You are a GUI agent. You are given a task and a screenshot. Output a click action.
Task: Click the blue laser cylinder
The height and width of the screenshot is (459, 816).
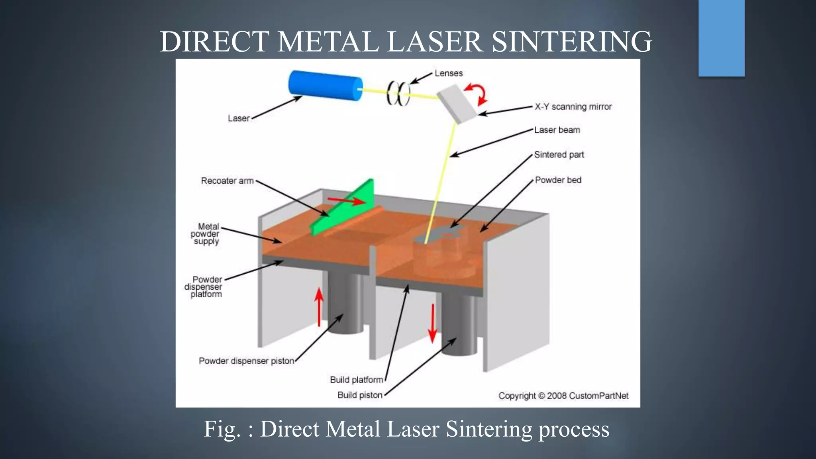[325, 85]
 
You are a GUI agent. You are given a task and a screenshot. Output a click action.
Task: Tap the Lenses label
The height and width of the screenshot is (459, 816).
[449, 73]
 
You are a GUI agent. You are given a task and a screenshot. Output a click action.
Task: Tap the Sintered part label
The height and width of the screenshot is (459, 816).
[559, 155]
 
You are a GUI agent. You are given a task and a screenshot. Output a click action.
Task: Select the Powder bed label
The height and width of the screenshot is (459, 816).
[558, 180]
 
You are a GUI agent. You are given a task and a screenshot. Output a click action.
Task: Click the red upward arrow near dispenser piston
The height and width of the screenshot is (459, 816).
[319, 307]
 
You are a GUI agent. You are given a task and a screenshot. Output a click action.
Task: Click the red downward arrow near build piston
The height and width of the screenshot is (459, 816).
[432, 323]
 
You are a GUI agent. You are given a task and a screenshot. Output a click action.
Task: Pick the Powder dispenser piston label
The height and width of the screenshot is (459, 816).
[246, 361]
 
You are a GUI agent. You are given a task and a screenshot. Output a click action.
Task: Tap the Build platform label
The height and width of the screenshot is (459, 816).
[356, 380]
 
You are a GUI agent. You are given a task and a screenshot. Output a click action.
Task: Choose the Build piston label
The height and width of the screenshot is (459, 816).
[359, 395]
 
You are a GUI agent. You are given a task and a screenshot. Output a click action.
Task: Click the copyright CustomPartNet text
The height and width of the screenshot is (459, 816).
[563, 396]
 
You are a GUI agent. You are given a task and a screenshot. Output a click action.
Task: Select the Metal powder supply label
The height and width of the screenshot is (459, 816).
[206, 234]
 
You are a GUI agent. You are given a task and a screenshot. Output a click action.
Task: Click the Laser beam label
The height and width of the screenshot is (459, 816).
[557, 130]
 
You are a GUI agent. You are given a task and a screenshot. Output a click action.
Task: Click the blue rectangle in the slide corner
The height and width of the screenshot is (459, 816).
[721, 38]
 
